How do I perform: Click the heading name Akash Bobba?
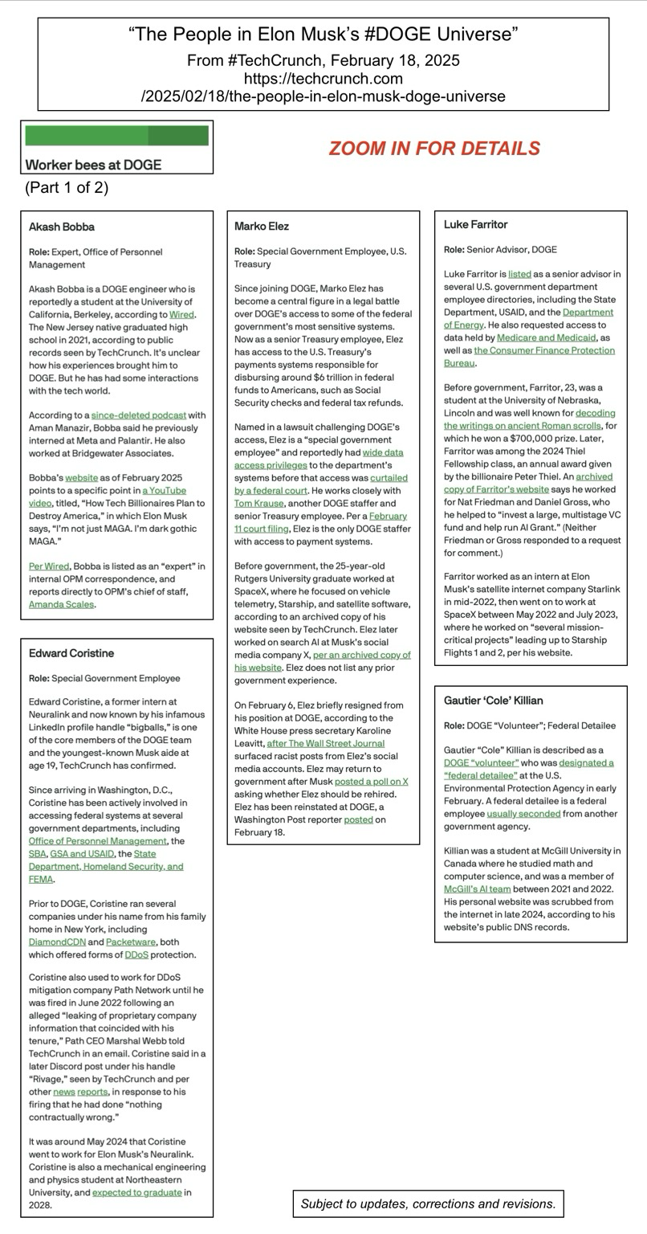click(x=62, y=227)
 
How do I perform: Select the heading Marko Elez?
click(x=262, y=227)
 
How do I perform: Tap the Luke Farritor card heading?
click(x=475, y=224)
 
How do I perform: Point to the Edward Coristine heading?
click(x=71, y=653)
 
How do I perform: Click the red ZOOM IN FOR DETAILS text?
click(x=434, y=149)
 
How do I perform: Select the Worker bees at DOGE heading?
click(x=93, y=165)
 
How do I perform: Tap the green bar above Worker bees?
click(x=116, y=135)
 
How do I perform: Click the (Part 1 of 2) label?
click(x=67, y=188)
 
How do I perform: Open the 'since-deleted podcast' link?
click(x=138, y=415)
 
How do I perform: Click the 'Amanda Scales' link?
click(x=61, y=604)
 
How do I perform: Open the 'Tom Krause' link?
click(x=258, y=503)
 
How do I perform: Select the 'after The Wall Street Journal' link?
click(x=325, y=743)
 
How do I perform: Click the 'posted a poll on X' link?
click(x=371, y=782)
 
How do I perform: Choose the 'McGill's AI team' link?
click(x=477, y=889)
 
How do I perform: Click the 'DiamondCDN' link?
click(x=57, y=942)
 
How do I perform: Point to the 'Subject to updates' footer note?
click(x=428, y=1203)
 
